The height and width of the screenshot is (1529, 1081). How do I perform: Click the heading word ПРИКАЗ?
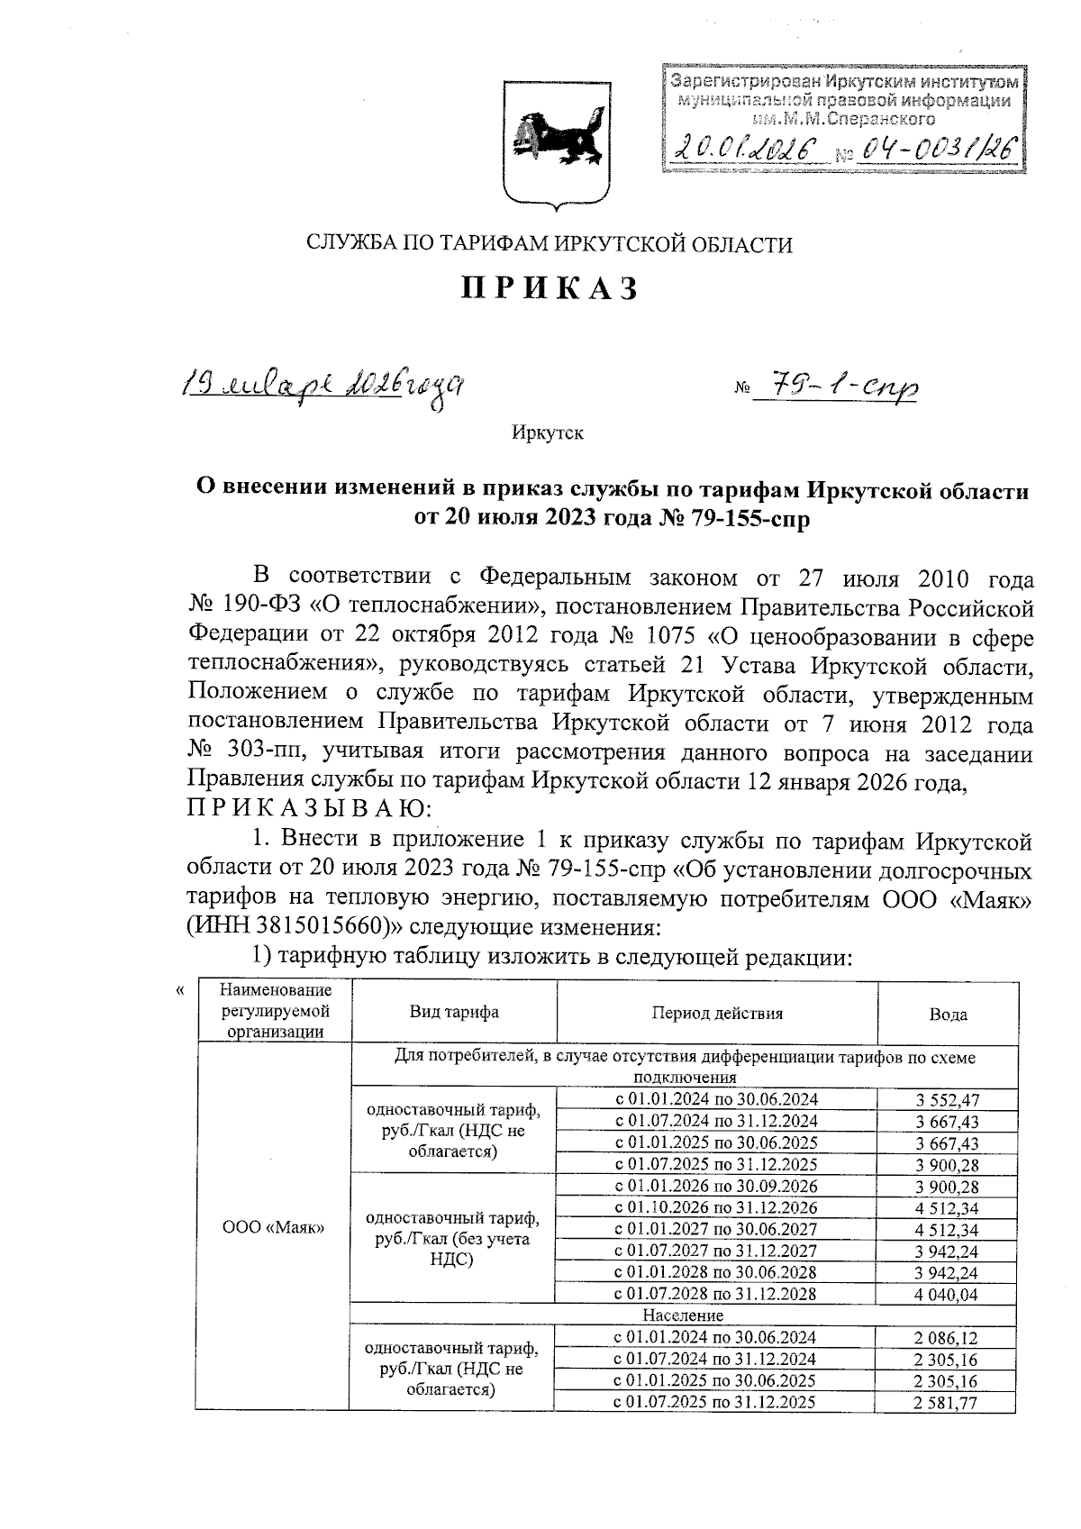[550, 289]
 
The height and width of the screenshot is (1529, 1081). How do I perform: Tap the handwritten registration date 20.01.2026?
[747, 147]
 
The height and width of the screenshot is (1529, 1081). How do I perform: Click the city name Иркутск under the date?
[547, 433]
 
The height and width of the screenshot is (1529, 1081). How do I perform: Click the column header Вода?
[948, 1015]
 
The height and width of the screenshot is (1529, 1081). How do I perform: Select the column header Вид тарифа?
[453, 1012]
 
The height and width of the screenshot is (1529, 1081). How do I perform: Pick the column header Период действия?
[717, 1013]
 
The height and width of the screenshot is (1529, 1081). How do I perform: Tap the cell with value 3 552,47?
[948, 1099]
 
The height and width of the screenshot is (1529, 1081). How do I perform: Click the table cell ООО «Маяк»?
[273, 1228]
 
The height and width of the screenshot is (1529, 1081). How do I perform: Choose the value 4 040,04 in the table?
[948, 1294]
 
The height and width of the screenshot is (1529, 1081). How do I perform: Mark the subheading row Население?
[684, 1315]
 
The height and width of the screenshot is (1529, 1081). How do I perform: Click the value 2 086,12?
[948, 1338]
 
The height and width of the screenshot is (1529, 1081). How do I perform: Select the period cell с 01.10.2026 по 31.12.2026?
[716, 1207]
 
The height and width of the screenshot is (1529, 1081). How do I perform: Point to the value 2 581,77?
[948, 1403]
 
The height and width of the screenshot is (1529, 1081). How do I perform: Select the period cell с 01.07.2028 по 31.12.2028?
[716, 1294]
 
